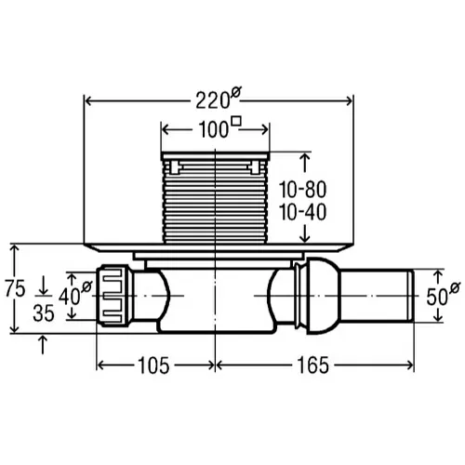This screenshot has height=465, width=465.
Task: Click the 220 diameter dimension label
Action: [x=219, y=99]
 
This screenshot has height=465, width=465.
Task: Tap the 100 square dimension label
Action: [x=219, y=127]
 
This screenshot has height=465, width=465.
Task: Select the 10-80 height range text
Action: [x=303, y=190]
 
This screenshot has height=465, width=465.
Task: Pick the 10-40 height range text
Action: [x=303, y=212]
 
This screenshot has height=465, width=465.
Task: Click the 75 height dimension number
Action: [x=15, y=288]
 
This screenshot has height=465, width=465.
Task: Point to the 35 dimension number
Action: [x=44, y=313]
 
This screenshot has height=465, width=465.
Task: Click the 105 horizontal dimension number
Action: [x=153, y=365]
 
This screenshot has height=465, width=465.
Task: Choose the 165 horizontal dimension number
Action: [x=312, y=365]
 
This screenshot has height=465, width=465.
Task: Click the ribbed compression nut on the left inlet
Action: [x=113, y=296]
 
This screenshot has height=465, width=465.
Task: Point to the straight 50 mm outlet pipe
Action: [x=378, y=296]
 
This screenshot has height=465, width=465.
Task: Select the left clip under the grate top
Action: [x=175, y=167]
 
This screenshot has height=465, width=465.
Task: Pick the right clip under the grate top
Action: [x=256, y=167]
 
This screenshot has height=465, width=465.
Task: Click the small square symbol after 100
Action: [x=236, y=121]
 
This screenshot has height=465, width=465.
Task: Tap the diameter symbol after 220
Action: [x=236, y=92]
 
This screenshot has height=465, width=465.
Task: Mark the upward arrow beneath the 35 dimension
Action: [x=43, y=344]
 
